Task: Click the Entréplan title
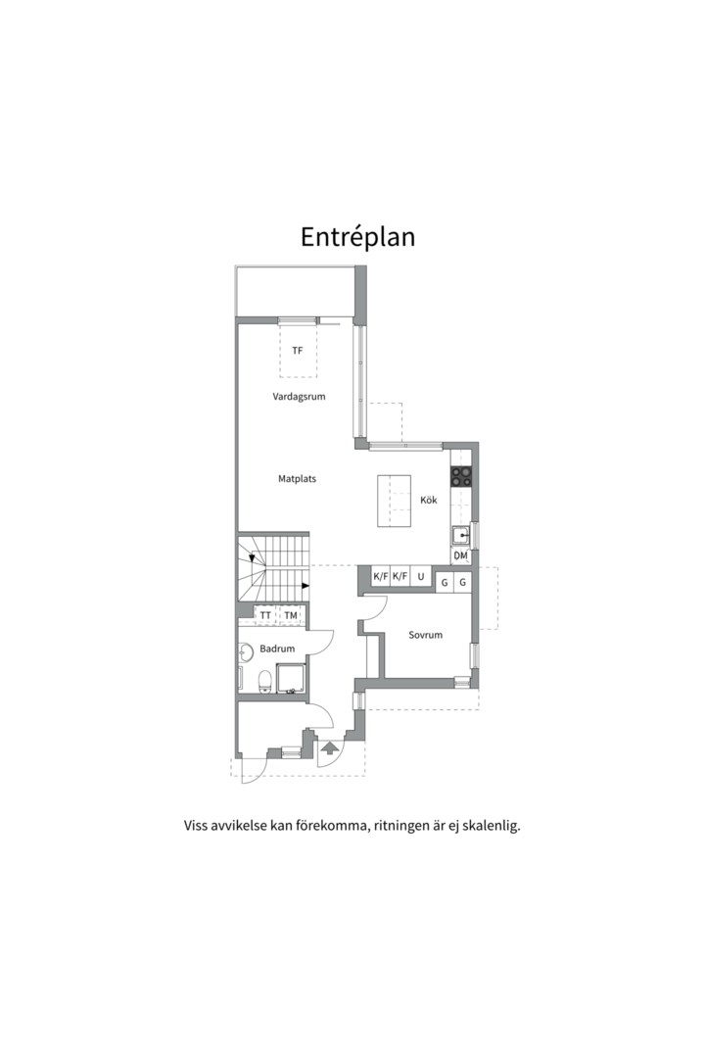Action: click(x=357, y=237)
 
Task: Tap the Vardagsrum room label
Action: click(x=299, y=397)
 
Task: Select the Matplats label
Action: click(x=297, y=479)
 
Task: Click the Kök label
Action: click(x=429, y=500)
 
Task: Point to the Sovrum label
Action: click(x=426, y=635)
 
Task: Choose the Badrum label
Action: click(x=277, y=649)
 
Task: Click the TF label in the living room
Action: click(x=298, y=351)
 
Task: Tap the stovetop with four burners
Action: click(x=461, y=476)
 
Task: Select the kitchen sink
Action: click(x=462, y=536)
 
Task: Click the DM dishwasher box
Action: click(x=461, y=556)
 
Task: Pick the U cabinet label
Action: click(x=421, y=577)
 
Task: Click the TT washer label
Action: click(x=265, y=616)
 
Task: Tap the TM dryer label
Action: click(x=291, y=616)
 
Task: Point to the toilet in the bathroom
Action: click(x=265, y=682)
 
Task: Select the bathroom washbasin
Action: click(x=244, y=652)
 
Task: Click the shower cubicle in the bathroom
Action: click(x=292, y=678)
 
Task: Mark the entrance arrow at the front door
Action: click(x=330, y=748)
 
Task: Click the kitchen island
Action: click(x=394, y=502)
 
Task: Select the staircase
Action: click(x=272, y=567)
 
